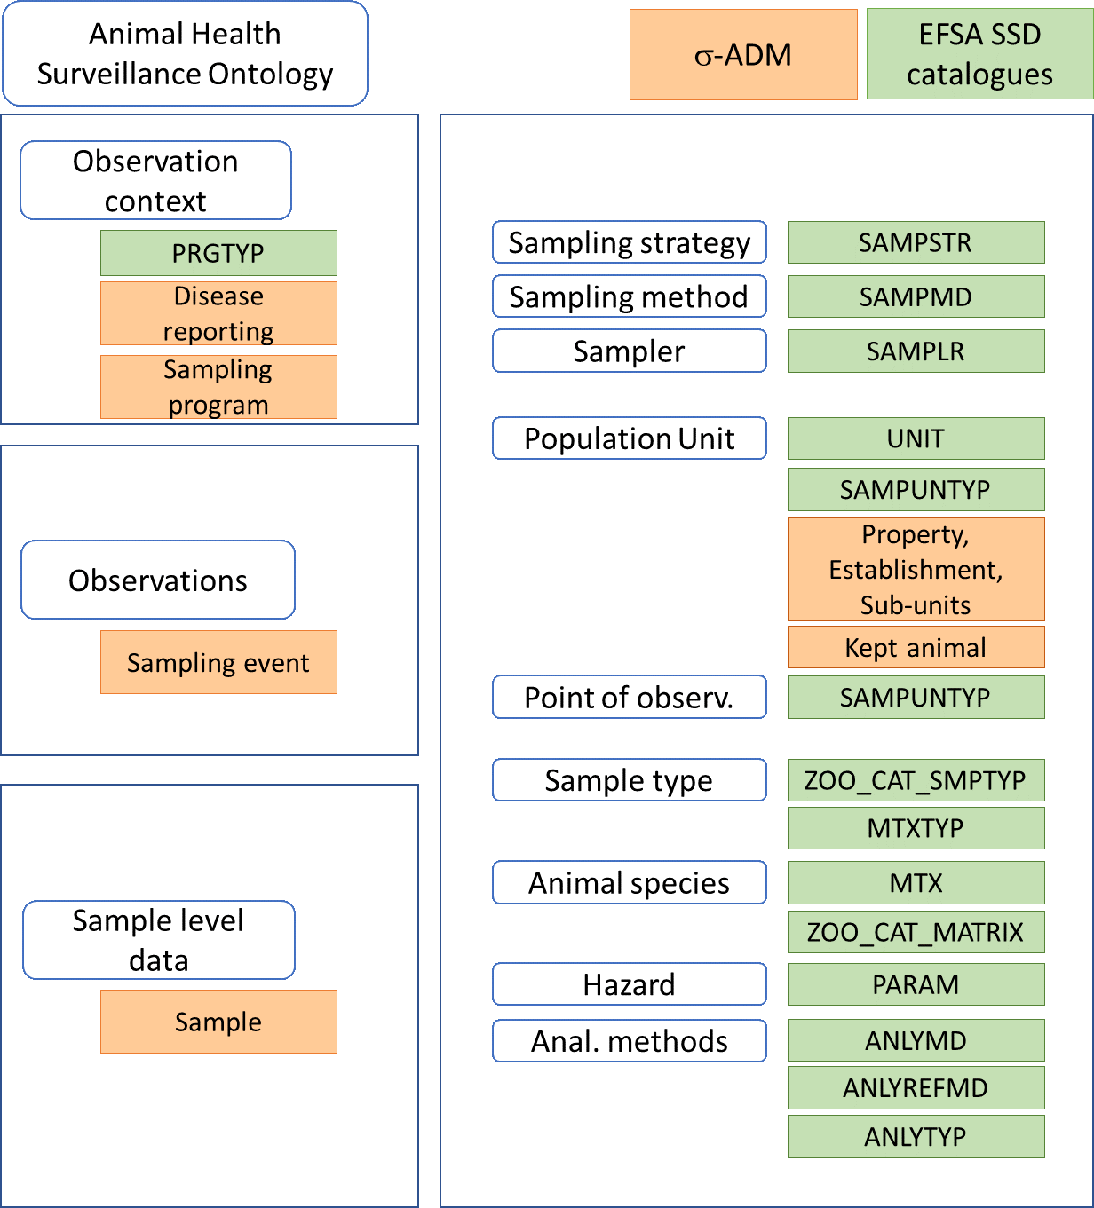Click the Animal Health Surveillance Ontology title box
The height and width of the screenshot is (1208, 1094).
pyautogui.click(x=185, y=53)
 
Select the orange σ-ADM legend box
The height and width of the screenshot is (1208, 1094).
pyautogui.click(x=743, y=55)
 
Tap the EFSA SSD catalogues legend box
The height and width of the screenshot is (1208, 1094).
pyautogui.click(x=979, y=54)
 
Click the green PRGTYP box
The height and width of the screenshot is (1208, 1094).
pyautogui.click(x=218, y=253)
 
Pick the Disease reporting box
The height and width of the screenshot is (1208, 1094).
pyautogui.click(x=218, y=313)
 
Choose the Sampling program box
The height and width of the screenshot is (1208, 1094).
pyautogui.click(x=218, y=387)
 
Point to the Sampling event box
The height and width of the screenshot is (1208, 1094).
pyautogui.click(x=218, y=662)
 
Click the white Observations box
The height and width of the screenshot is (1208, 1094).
pyautogui.click(x=158, y=580)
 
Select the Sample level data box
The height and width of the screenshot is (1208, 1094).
pyautogui.click(x=159, y=940)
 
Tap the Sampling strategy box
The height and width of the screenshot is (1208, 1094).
pyautogui.click(x=630, y=242)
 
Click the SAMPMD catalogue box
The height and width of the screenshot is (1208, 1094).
pyautogui.click(x=916, y=296)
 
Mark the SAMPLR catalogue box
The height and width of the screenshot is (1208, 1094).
pyautogui.click(x=916, y=351)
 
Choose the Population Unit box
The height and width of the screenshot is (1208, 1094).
pyautogui.click(x=630, y=438)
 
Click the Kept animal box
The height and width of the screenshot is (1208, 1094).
pyautogui.click(x=916, y=647)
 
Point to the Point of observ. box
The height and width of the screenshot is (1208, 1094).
pyautogui.click(x=630, y=697)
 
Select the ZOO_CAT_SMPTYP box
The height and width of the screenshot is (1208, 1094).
pyautogui.click(x=916, y=780)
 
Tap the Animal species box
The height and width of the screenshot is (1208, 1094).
pyautogui.click(x=630, y=883)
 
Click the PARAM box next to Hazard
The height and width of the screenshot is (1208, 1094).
pyautogui.click(x=916, y=984)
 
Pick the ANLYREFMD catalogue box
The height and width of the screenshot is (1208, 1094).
pyautogui.click(x=916, y=1087)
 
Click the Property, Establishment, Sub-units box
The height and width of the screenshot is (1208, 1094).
pyautogui.click(x=916, y=569)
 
